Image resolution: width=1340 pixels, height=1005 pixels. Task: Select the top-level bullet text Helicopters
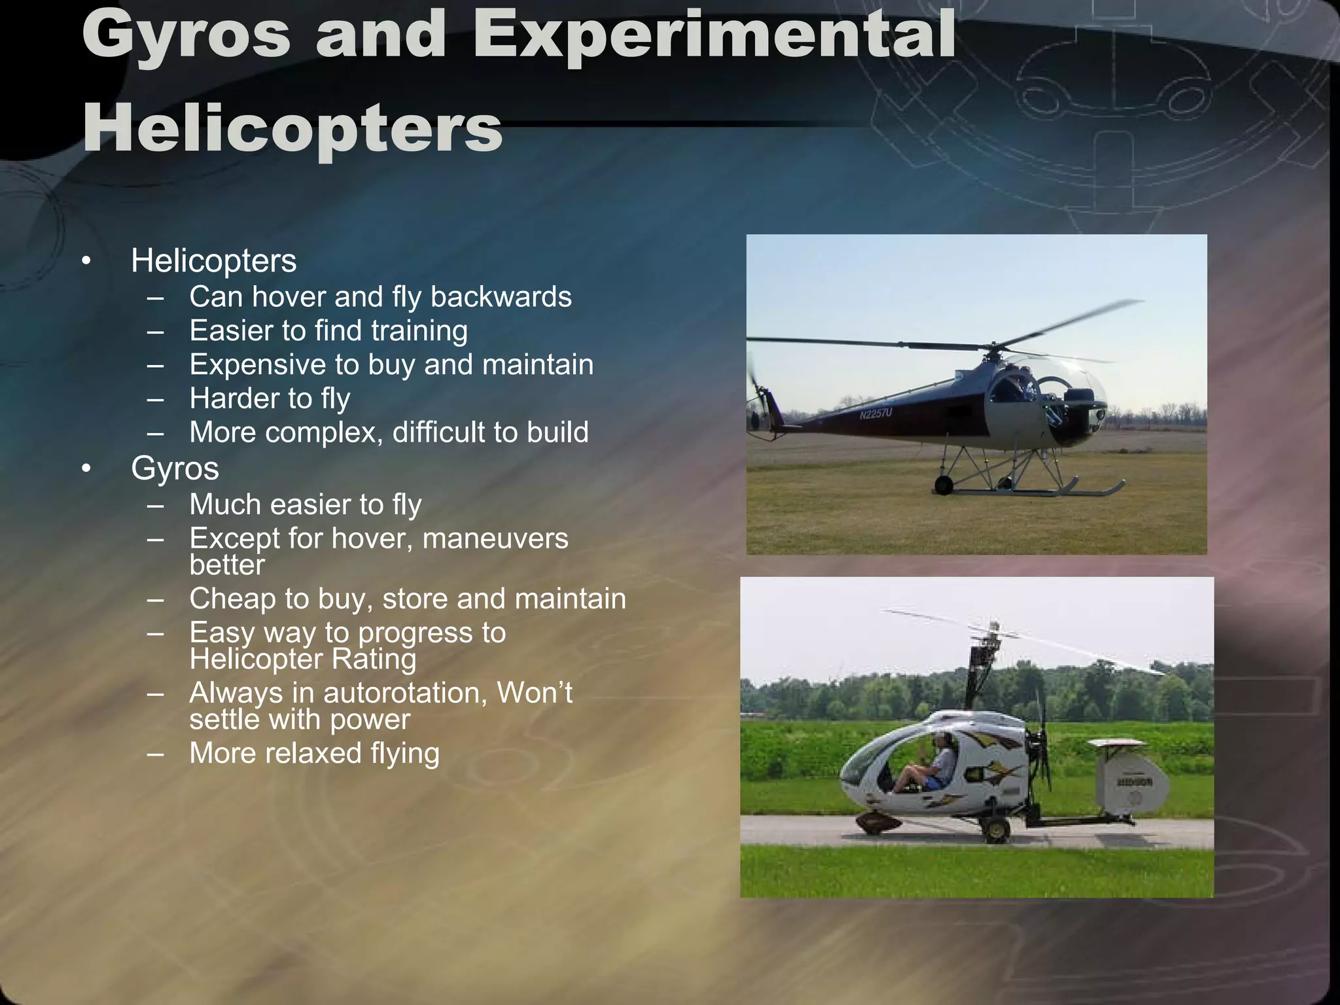(x=213, y=261)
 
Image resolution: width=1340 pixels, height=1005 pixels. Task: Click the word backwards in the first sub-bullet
(x=501, y=297)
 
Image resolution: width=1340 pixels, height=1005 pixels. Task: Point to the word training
(x=419, y=331)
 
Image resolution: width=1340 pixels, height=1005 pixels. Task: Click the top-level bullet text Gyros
(x=175, y=468)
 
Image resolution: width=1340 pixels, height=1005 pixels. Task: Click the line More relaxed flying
(x=314, y=754)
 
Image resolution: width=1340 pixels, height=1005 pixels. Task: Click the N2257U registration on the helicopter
(x=875, y=414)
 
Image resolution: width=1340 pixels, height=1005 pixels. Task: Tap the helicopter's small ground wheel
(x=943, y=485)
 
